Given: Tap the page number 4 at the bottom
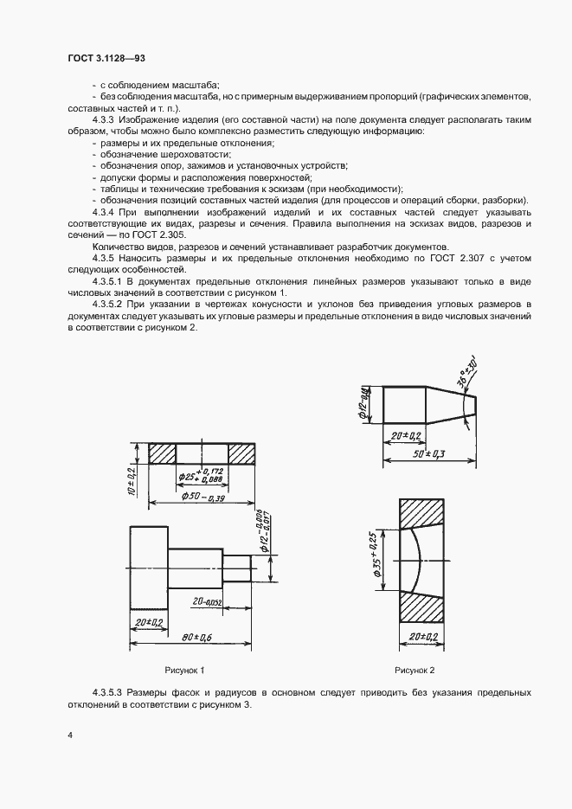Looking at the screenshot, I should pyautogui.click(x=69, y=735).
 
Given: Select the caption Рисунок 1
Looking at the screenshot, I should pyautogui.click(x=185, y=670).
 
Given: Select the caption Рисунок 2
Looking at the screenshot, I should pyautogui.click(x=415, y=670).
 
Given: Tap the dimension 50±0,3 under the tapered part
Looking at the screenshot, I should pyautogui.click(x=429, y=453).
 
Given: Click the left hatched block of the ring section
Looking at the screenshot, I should pyautogui.click(x=162, y=453).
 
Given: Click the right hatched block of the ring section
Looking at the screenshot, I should pyautogui.click(x=241, y=453).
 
